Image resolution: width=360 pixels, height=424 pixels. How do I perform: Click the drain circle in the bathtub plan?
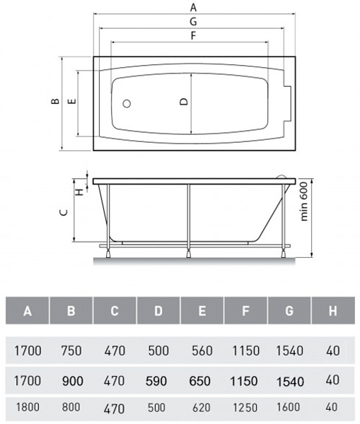tap(127, 104)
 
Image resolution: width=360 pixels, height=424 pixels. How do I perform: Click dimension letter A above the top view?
tap(193, 7)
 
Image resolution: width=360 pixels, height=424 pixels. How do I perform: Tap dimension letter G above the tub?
tap(193, 21)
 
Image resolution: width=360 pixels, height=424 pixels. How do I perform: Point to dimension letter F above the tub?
tap(193, 35)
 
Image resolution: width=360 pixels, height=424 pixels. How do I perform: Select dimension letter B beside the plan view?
tap(55, 101)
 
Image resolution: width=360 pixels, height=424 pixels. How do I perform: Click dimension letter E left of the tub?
tap(71, 101)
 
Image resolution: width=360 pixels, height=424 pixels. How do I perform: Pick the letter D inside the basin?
tap(184, 101)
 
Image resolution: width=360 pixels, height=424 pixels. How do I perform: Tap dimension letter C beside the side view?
tap(64, 212)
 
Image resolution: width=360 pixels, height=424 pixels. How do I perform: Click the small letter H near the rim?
tap(79, 192)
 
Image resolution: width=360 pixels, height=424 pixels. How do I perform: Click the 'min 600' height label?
tap(304, 201)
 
